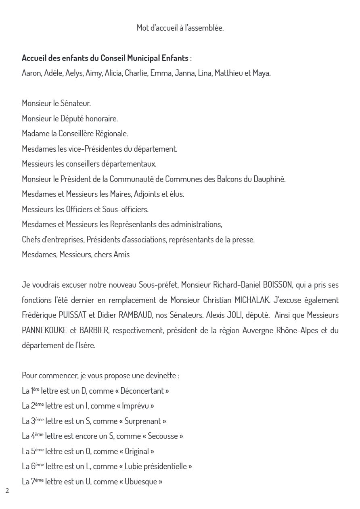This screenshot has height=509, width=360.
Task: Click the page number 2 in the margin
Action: coord(7,490)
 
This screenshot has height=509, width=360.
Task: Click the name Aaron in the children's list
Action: coord(31,73)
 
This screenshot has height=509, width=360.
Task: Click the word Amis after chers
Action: coord(121,255)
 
